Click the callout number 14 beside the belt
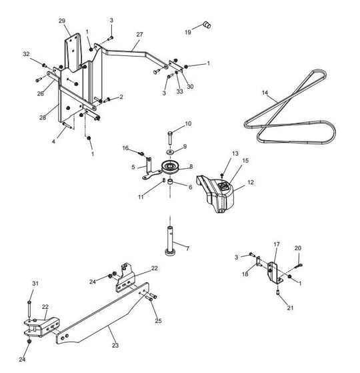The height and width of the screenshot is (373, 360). [265, 92]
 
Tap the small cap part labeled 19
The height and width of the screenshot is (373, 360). [207, 25]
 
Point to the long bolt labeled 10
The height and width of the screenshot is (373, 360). [170, 138]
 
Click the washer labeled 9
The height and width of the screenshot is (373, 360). [170, 151]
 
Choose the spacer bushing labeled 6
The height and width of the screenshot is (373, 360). [170, 183]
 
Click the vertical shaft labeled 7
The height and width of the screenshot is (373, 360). [170, 241]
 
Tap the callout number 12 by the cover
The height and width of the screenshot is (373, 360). [251, 182]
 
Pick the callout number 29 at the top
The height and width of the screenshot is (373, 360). [62, 21]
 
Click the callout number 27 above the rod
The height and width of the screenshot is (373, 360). [139, 34]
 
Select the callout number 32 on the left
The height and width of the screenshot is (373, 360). [26, 54]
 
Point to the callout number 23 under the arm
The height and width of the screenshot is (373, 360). [115, 345]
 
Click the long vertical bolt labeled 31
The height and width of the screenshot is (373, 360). [29, 309]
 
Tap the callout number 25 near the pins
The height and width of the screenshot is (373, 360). [158, 321]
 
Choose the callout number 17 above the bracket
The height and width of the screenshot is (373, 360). [277, 244]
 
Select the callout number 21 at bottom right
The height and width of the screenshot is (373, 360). [291, 308]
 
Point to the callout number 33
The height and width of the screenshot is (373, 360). [179, 91]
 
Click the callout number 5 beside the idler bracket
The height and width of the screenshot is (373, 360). [133, 167]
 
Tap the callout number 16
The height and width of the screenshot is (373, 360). [125, 148]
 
